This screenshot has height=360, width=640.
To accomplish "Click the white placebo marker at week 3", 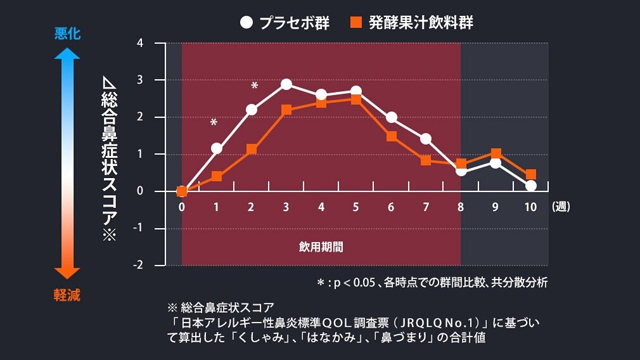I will coord(286,84).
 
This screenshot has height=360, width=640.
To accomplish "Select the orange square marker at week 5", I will coord(356,100).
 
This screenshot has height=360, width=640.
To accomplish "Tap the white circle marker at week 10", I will coord(531,186).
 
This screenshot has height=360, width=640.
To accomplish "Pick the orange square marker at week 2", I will coord(252,150).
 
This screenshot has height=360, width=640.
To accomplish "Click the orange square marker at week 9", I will coord(496,153).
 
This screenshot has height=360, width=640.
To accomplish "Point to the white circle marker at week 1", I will coord(217,148).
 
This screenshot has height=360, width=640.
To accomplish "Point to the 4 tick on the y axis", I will coord(140,44).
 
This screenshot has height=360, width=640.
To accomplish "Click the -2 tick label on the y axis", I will coord(138,265).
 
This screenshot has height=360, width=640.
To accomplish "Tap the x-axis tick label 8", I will coord(461,207).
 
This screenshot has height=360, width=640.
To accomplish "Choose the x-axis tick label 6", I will coord(391,207).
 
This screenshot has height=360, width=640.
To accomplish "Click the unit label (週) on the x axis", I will coord(561,207).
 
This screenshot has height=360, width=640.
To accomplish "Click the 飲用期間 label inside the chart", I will coord(321,247).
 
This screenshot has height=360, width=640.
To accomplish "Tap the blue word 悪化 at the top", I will coord(67,34).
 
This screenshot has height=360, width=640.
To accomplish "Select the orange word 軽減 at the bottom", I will coord(67,295).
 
